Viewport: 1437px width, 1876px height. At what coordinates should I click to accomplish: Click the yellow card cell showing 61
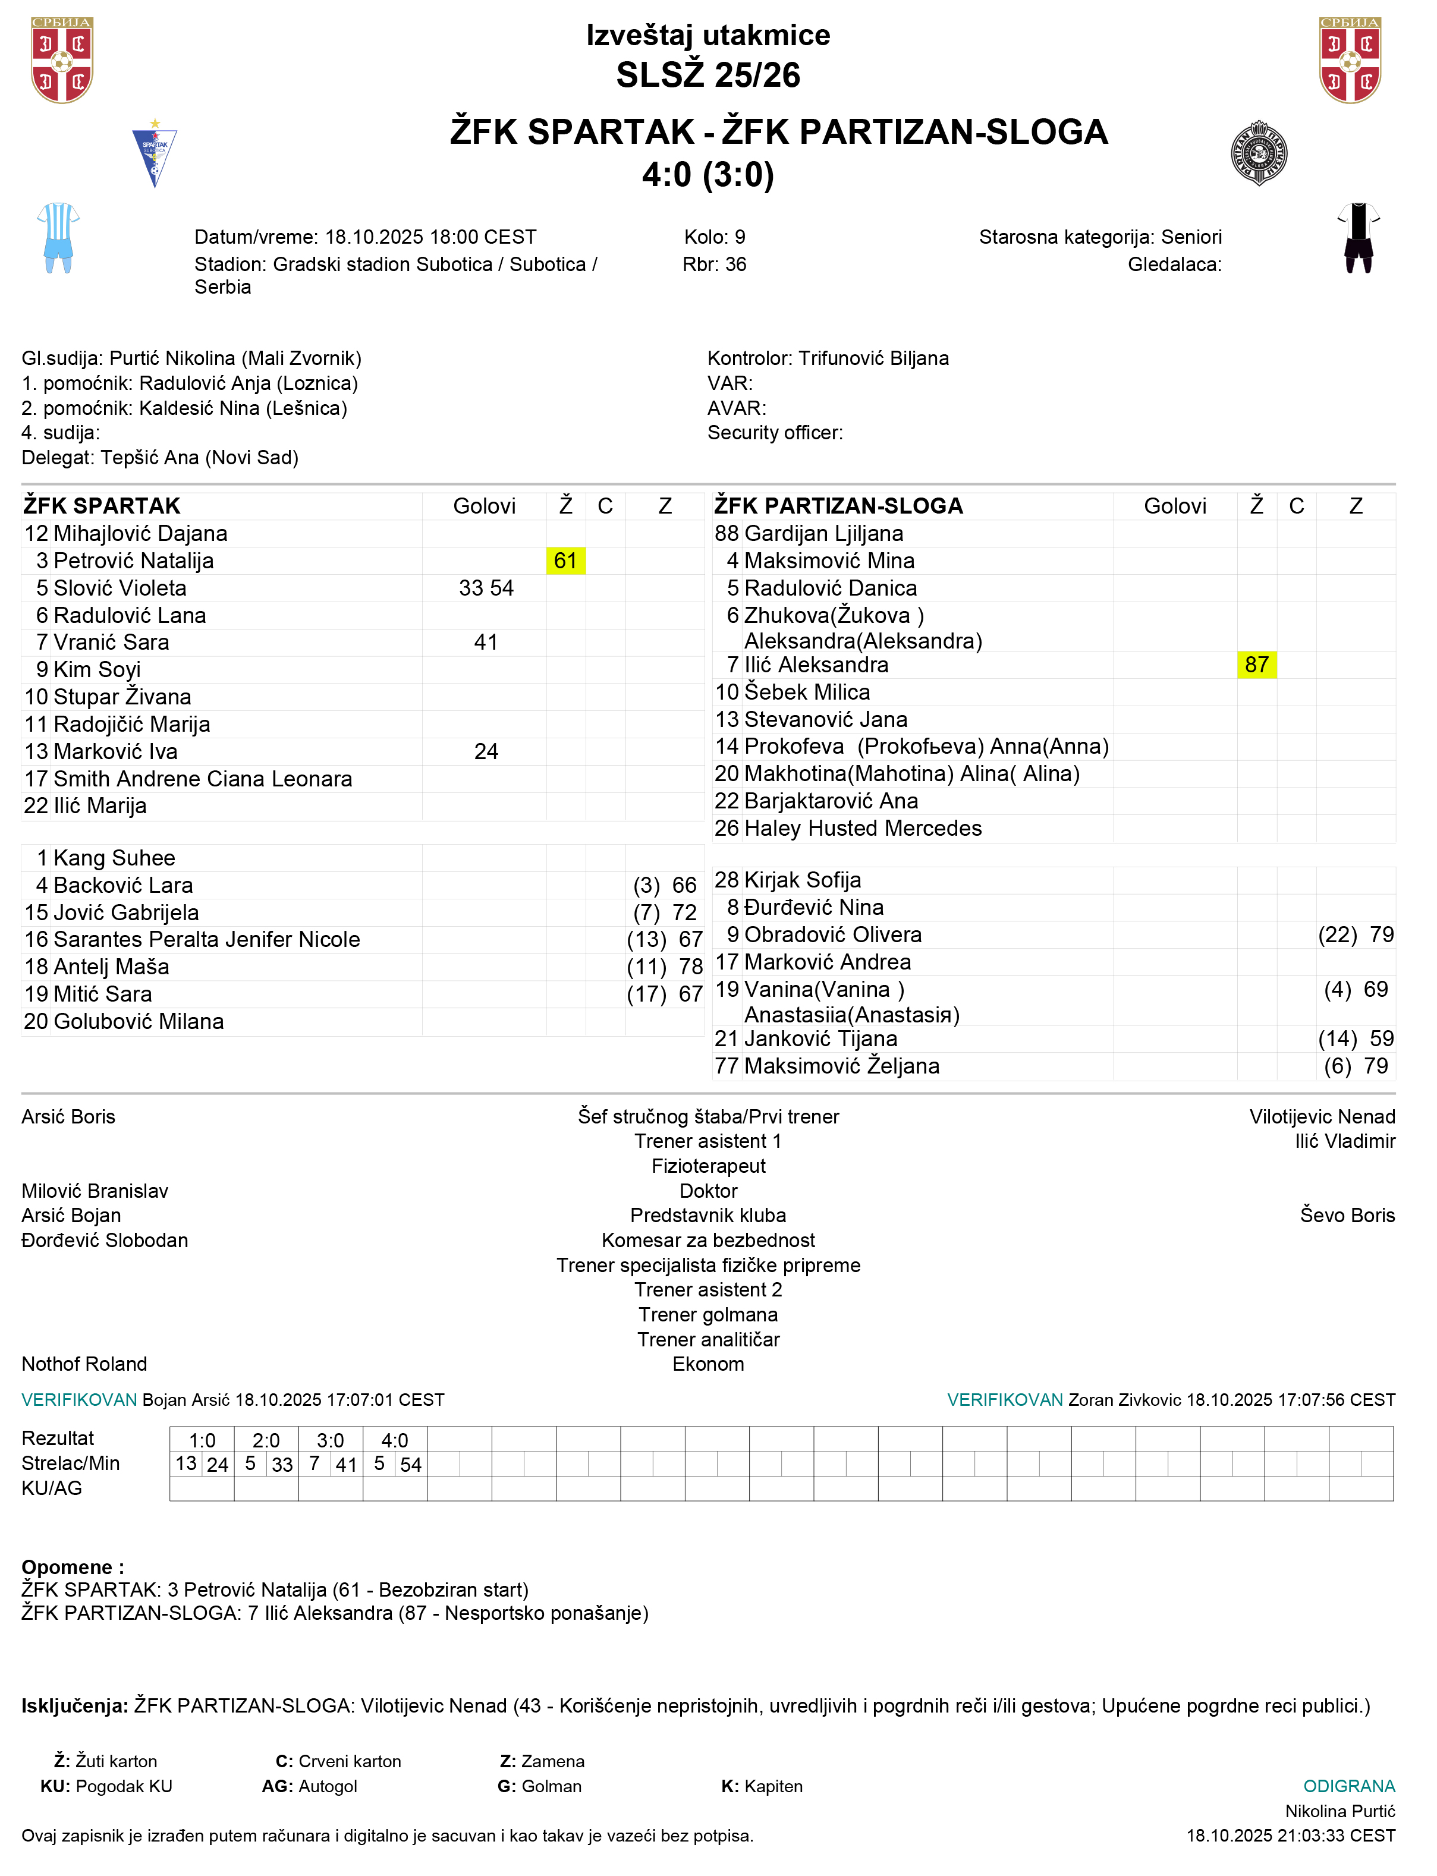tap(565, 561)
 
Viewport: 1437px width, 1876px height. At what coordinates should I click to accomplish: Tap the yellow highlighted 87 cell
tap(1256, 665)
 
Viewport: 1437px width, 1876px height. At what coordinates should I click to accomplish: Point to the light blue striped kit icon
tap(58, 238)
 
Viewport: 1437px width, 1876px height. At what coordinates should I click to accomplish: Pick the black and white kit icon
tap(1359, 238)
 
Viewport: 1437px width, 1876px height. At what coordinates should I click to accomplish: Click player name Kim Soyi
tap(97, 669)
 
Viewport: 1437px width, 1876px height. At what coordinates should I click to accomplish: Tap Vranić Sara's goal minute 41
tap(486, 642)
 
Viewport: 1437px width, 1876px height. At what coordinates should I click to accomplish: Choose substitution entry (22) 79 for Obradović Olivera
tap(1356, 934)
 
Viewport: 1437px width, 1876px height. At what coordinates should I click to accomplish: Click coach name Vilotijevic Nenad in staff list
tap(1322, 1117)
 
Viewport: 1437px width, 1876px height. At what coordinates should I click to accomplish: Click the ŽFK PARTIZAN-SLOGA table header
tap(838, 506)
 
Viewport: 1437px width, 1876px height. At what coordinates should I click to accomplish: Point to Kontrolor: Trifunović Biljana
tap(828, 358)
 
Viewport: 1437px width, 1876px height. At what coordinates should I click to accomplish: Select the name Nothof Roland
tap(84, 1364)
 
